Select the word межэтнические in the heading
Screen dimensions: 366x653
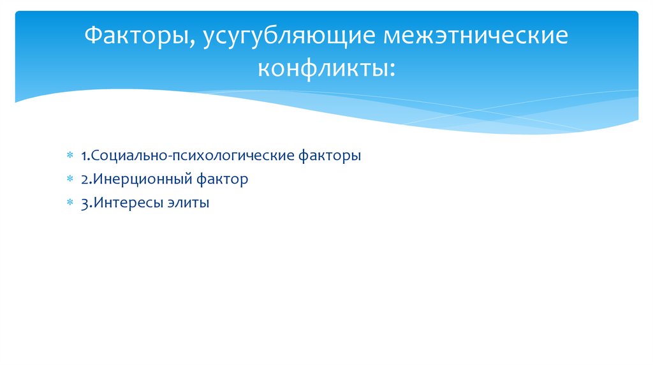475,36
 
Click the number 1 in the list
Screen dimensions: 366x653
84,156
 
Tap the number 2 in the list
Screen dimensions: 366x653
84,180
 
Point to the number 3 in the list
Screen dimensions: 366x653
84,204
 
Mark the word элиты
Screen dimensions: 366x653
187,204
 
